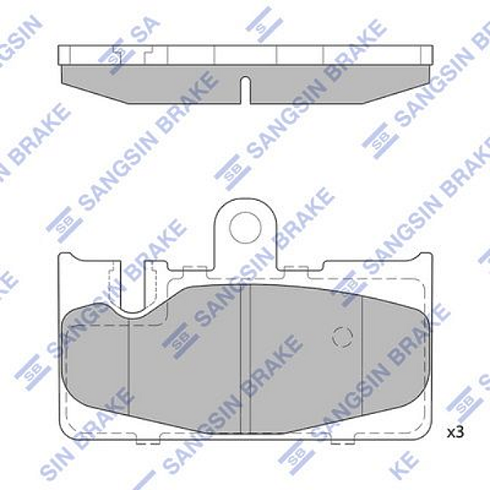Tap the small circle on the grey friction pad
(x=342, y=335)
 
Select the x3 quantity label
(x=455, y=430)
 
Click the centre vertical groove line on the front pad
(x=248, y=359)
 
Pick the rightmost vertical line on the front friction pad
(x=362, y=359)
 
